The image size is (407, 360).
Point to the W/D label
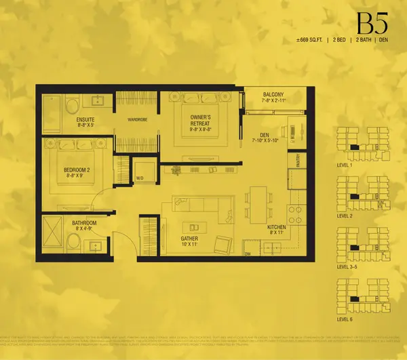point(139,179)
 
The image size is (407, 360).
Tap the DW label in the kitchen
point(248,254)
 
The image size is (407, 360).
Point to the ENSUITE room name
point(66,119)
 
